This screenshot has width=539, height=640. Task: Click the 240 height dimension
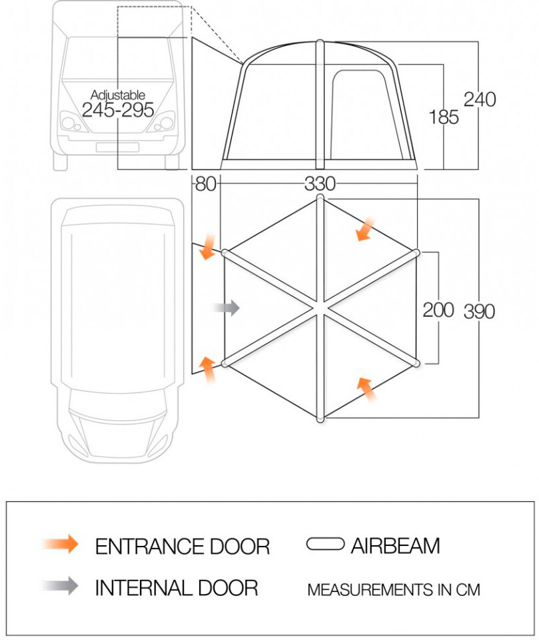(x=480, y=99)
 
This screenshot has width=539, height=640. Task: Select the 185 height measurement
(x=444, y=117)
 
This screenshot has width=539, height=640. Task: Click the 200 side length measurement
(x=438, y=310)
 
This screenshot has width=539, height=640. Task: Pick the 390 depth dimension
(x=479, y=311)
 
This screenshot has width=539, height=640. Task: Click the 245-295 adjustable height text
(x=118, y=110)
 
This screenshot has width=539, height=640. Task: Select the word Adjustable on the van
(x=118, y=95)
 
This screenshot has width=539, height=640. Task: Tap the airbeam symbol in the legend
(x=325, y=545)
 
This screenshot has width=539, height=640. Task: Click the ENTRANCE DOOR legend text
(x=183, y=547)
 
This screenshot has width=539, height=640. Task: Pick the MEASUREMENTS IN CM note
(x=393, y=590)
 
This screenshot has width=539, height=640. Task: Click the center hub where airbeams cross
(x=320, y=308)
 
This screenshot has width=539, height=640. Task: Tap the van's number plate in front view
(x=117, y=147)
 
